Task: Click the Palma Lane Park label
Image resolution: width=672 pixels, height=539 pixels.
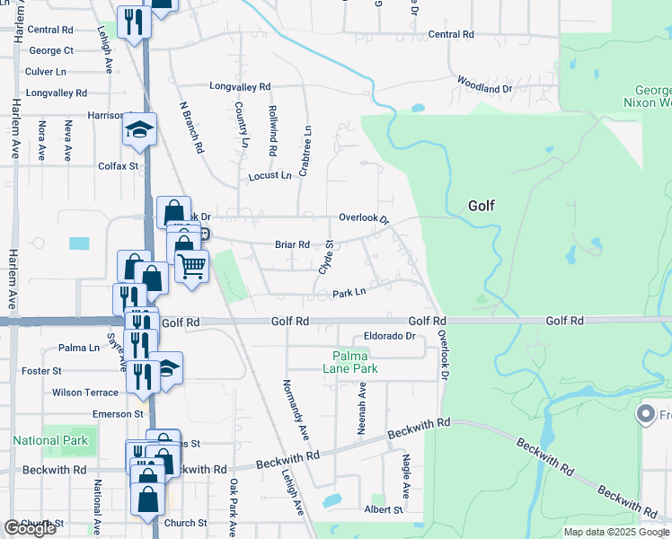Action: point(350,362)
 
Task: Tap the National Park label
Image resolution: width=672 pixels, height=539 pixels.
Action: point(50,440)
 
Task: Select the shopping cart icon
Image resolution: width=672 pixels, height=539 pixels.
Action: point(191,266)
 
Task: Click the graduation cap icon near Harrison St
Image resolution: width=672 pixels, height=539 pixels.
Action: point(139,131)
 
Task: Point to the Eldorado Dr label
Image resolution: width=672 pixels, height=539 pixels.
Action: point(388,337)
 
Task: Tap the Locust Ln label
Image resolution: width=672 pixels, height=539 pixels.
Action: point(270,175)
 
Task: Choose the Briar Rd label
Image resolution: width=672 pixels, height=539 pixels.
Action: point(292,244)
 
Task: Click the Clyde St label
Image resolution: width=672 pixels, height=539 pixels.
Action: point(327,257)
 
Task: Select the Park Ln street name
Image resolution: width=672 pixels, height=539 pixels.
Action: point(349,293)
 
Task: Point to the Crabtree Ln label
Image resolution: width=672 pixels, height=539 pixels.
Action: point(306,144)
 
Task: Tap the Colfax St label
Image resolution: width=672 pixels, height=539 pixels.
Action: point(119,165)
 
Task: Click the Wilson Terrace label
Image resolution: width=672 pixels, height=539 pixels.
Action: point(84,393)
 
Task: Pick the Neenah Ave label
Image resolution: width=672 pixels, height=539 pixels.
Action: point(363,409)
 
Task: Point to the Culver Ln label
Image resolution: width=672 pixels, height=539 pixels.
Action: point(46,71)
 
